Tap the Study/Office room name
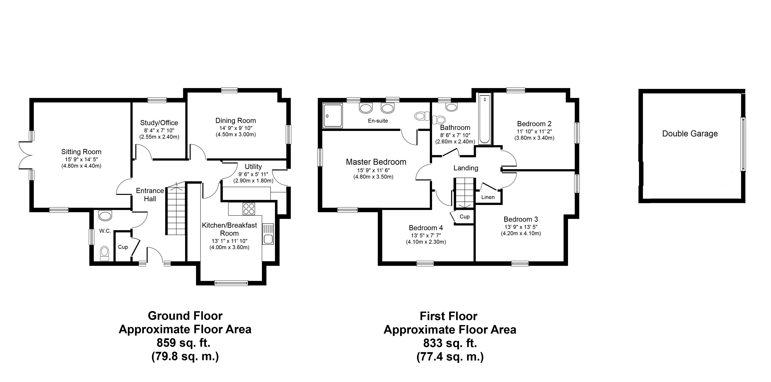click(159, 123)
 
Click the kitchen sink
click(268, 234)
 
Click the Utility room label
click(253, 167)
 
